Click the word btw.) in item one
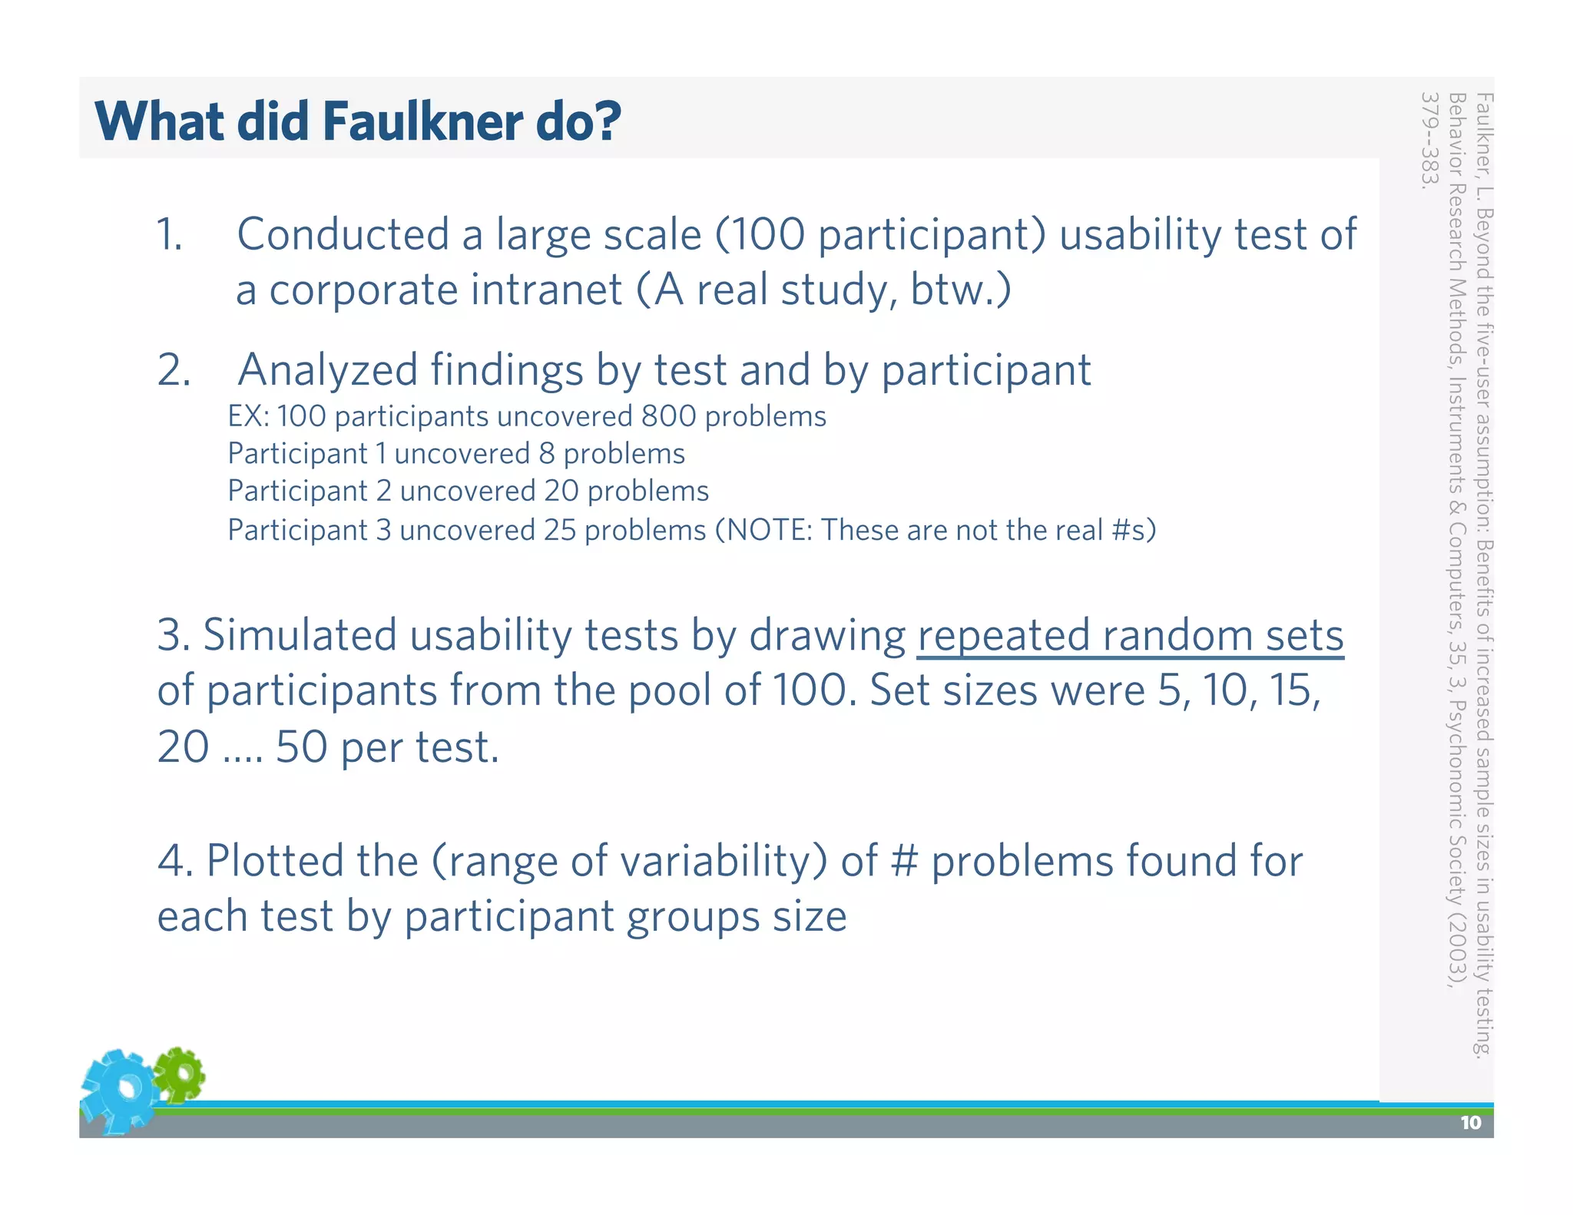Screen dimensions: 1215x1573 pyautogui.click(x=961, y=290)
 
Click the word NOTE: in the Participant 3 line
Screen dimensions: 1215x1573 pyautogui.click(x=770, y=530)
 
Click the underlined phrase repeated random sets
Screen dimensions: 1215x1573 pyautogui.click(x=1130, y=636)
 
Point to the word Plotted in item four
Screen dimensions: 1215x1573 pyautogui.click(x=274, y=860)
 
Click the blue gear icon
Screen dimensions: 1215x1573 pyautogui.click(x=119, y=1091)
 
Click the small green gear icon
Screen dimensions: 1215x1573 pyautogui.click(x=179, y=1074)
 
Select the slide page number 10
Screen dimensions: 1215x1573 pyautogui.click(x=1470, y=1123)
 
